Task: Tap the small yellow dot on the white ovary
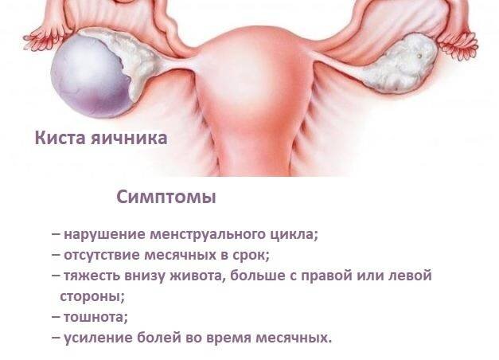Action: click(x=419, y=56)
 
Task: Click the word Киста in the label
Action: click(x=60, y=138)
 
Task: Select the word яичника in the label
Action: click(x=129, y=139)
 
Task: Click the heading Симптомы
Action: click(x=166, y=198)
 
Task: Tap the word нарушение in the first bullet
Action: click(x=104, y=235)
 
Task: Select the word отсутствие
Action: click(x=102, y=256)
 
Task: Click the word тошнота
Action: click(x=95, y=318)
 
